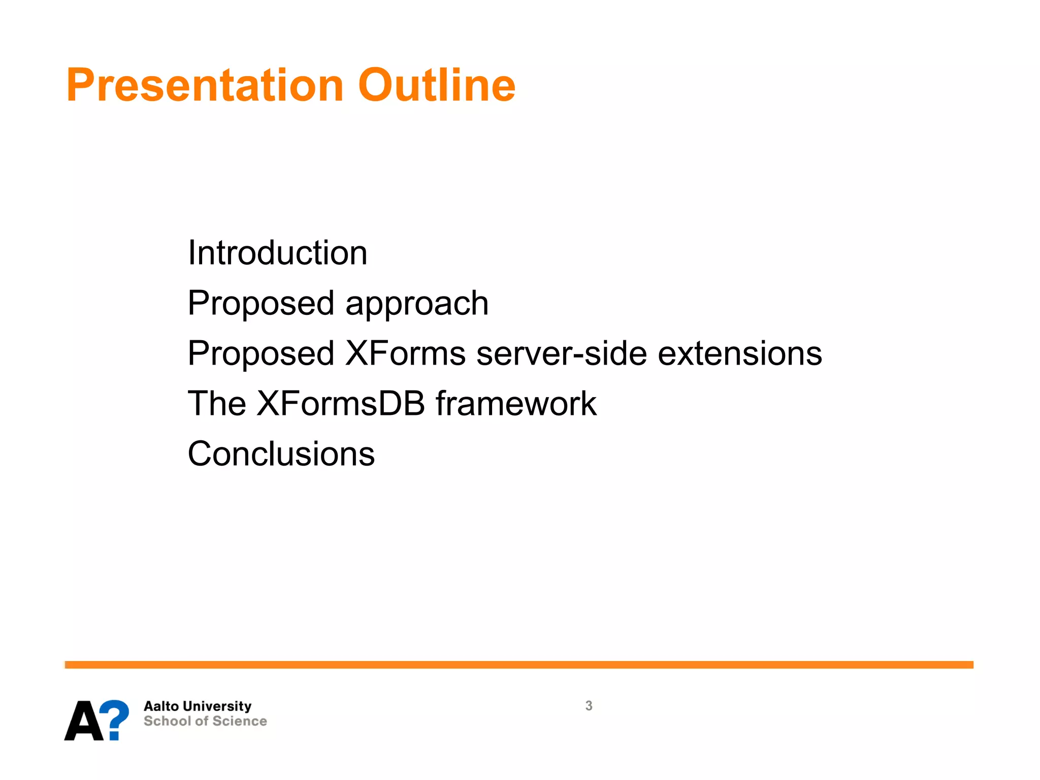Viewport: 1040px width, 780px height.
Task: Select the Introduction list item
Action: pos(277,253)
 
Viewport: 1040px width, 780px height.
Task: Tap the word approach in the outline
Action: pos(417,304)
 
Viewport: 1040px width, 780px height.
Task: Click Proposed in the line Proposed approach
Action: pos(261,304)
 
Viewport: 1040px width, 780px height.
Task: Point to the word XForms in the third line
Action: pos(405,353)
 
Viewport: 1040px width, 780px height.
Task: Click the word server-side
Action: pos(562,353)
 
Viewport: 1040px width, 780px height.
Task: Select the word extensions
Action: pos(740,353)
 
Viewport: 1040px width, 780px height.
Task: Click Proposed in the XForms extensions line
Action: pos(261,353)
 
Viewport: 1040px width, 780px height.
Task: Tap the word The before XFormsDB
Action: pos(217,404)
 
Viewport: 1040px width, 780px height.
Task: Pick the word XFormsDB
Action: pos(341,404)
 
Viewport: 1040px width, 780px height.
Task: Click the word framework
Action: pos(516,404)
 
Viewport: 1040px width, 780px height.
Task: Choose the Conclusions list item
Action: pos(281,453)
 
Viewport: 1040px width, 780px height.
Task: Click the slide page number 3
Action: pos(589,706)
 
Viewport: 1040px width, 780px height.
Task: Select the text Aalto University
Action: pos(198,706)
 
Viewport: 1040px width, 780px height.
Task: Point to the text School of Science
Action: pos(205,721)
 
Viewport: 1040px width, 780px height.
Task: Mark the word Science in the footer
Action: pos(240,721)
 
